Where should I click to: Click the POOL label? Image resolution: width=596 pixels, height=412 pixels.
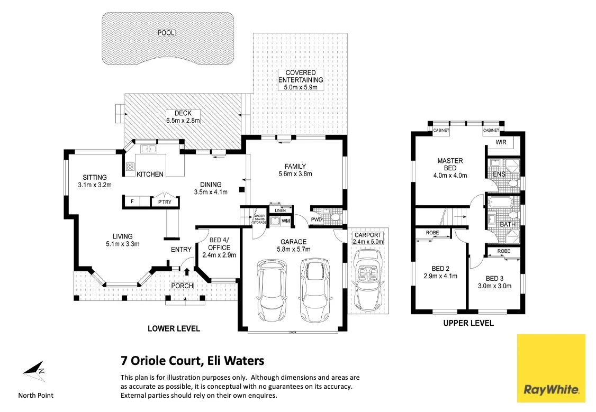tap(166, 33)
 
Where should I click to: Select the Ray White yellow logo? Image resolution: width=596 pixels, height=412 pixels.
tap(551, 368)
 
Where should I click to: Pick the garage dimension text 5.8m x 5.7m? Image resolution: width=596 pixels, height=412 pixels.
tap(294, 249)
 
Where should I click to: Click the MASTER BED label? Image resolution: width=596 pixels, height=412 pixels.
tap(450, 164)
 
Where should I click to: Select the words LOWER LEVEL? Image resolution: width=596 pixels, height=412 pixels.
tap(174, 329)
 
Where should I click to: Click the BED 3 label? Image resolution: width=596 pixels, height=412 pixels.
tap(495, 279)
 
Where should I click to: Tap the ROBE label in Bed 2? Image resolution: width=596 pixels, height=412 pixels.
tap(432, 233)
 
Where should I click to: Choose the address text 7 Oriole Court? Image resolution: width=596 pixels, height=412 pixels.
tap(162, 361)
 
